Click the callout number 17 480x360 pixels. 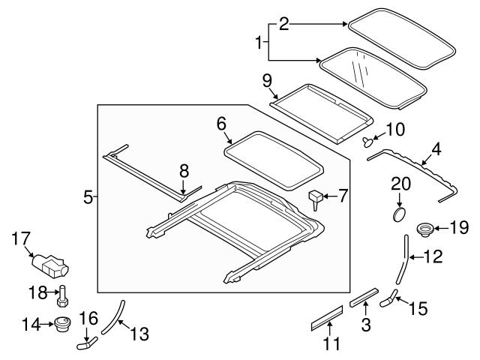(x=20, y=239)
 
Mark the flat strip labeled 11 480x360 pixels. (x=327, y=322)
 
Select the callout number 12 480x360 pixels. (x=433, y=256)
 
